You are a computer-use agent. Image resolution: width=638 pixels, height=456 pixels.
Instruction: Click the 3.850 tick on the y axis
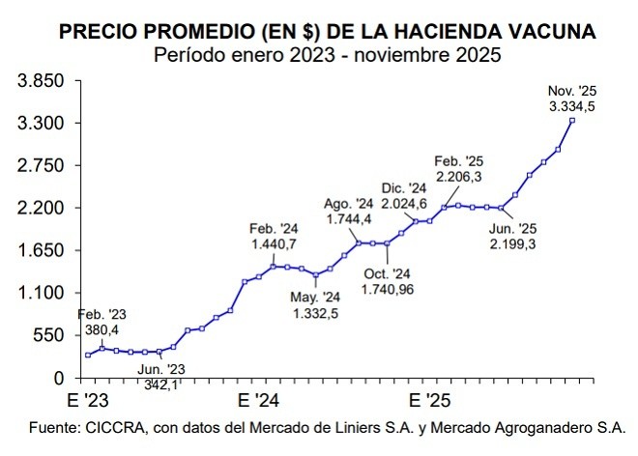click(x=40, y=81)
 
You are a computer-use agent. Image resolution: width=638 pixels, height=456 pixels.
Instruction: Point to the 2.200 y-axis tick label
click(x=40, y=208)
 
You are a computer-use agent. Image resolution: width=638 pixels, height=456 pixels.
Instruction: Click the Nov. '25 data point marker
click(x=572, y=120)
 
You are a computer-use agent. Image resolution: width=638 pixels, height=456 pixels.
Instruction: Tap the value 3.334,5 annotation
click(x=571, y=105)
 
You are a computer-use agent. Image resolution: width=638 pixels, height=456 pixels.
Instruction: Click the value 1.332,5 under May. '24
click(x=318, y=311)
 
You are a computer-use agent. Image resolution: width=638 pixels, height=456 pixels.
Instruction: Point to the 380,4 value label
click(x=101, y=328)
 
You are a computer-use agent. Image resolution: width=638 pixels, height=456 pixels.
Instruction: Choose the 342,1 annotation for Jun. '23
click(x=161, y=384)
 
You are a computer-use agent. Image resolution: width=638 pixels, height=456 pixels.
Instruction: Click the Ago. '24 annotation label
click(x=348, y=204)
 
